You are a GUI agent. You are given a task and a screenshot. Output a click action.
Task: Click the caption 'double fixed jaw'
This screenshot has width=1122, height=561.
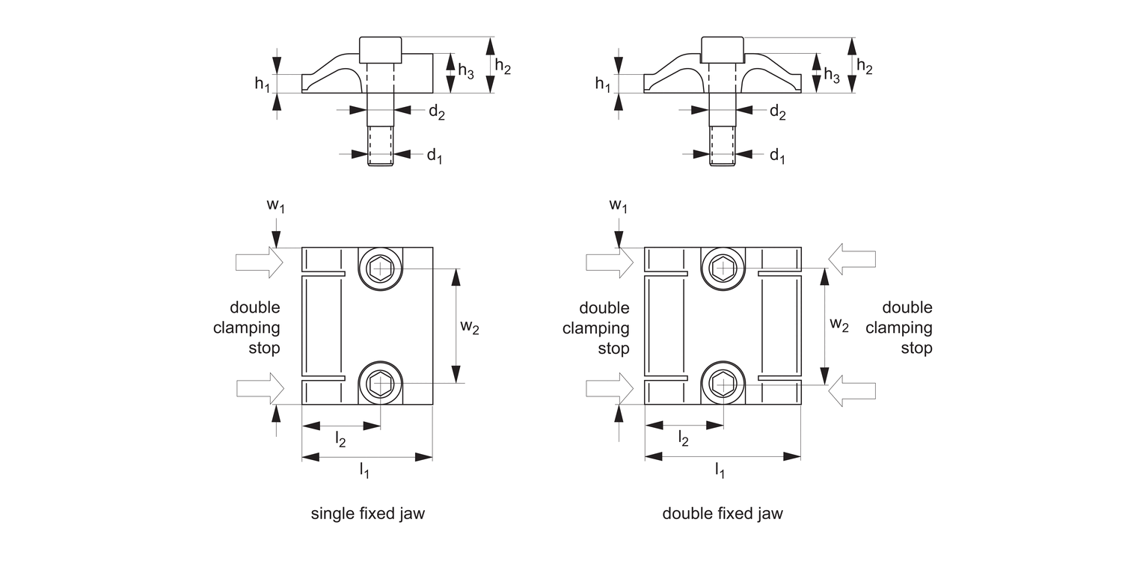point(723,514)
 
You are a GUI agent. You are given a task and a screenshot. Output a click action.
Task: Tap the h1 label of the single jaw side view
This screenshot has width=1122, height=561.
point(262,84)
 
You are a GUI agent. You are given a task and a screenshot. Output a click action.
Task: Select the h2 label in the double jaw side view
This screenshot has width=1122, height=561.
point(864,67)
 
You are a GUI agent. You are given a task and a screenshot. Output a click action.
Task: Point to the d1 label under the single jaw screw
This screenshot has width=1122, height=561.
point(434,156)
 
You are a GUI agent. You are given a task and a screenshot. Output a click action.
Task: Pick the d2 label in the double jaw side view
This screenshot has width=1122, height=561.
point(777,112)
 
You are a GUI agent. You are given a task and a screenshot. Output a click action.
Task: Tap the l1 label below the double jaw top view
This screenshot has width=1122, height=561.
point(720,470)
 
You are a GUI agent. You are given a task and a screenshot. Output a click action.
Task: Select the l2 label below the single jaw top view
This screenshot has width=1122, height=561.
point(340,441)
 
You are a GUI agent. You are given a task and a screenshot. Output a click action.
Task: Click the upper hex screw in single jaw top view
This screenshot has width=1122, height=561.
point(381,267)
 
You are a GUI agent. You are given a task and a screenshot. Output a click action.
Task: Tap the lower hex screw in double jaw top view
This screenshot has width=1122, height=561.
point(723,384)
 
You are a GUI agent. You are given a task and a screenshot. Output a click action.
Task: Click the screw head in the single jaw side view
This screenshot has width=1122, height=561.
point(381,50)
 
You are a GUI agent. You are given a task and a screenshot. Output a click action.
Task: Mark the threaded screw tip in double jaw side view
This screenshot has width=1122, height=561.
point(723,147)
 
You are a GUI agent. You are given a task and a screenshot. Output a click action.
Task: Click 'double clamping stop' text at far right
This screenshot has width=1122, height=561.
point(907,328)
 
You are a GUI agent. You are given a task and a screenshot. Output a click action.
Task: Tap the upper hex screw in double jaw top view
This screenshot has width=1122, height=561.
point(723,267)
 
